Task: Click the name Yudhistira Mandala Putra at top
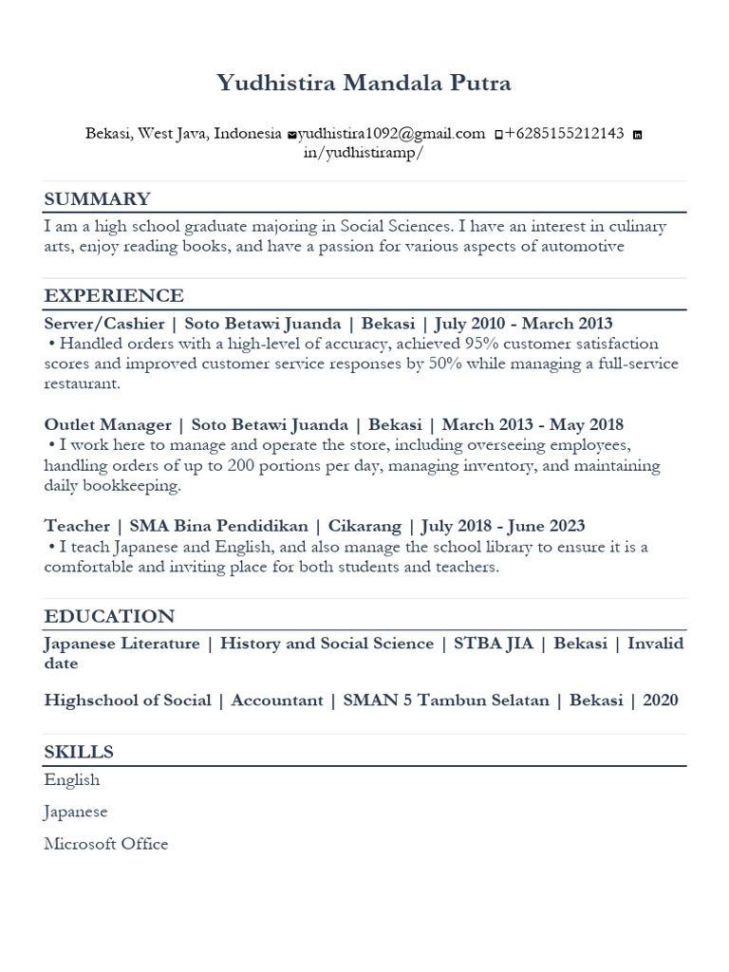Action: point(364,84)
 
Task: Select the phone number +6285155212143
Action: point(564,134)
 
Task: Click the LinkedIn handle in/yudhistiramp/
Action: point(361,154)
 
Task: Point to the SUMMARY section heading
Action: point(97,198)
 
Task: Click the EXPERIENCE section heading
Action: point(114,295)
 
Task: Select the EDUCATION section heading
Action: point(109,616)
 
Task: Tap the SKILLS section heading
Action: point(79,752)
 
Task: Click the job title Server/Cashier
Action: point(104,324)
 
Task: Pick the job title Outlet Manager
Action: point(108,424)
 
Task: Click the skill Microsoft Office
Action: point(105,844)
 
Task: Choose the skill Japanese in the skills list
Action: point(76,812)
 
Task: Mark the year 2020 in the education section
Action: point(661,701)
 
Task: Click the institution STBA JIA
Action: point(493,644)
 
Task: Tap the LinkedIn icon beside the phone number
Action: point(637,135)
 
